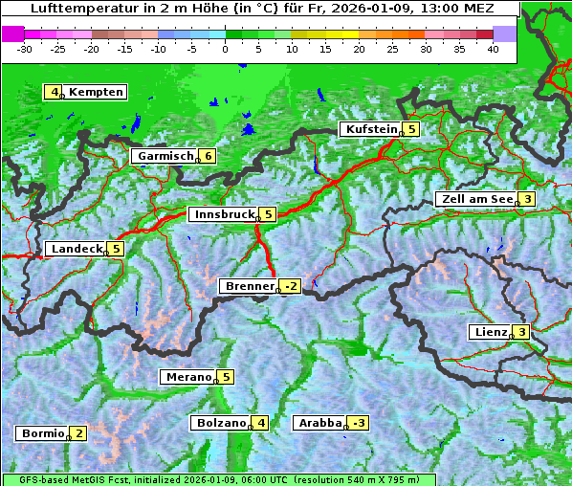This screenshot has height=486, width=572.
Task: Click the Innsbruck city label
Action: pyautogui.click(x=222, y=214)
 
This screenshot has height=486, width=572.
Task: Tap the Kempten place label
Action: pyautogui.click(x=97, y=92)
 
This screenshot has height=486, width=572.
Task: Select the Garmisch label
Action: pyautogui.click(x=165, y=156)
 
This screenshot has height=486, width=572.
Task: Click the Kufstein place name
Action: pyautogui.click(x=370, y=129)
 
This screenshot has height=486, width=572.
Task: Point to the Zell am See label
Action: pyautogui.click(x=474, y=199)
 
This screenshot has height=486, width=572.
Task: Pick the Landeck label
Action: pyautogui.click(x=76, y=249)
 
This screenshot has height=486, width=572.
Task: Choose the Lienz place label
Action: pyautogui.click(x=489, y=332)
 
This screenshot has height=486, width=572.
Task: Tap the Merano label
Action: pyautogui.click(x=187, y=377)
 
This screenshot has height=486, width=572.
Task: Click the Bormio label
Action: pyautogui.click(x=42, y=433)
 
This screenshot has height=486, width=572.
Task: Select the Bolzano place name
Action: pyautogui.click(x=221, y=423)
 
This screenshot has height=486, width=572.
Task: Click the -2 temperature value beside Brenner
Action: pyautogui.click(x=292, y=286)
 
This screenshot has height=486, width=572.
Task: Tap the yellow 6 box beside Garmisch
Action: pyautogui.click(x=208, y=156)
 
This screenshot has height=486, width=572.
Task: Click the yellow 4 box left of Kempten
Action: pyautogui.click(x=54, y=92)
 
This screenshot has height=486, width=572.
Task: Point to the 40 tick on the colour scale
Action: pyautogui.click(x=493, y=48)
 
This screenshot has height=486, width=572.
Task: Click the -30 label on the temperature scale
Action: pyautogui.click(x=25, y=48)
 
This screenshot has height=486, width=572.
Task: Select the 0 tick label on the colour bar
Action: pyautogui.click(x=226, y=48)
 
